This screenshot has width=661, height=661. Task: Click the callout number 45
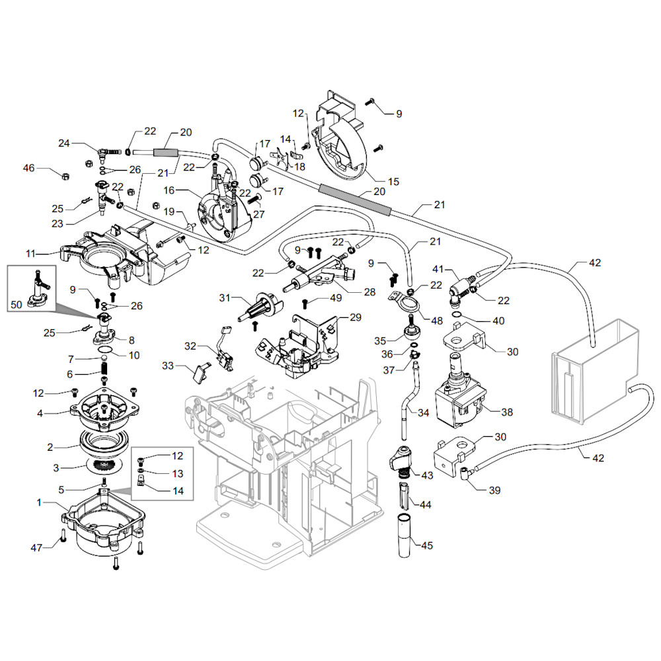[x=427, y=546]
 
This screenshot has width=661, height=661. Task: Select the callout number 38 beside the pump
[x=507, y=412]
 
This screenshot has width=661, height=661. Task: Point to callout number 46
[x=28, y=168]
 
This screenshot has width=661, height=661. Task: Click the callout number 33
[x=167, y=365]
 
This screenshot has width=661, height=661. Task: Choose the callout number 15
[x=393, y=181]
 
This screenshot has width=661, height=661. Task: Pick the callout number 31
[x=225, y=298]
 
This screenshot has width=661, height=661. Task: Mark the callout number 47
[x=38, y=547]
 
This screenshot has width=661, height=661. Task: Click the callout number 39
[x=494, y=490]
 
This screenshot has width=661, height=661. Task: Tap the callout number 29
[x=356, y=318]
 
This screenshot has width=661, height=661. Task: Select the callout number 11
[x=30, y=253]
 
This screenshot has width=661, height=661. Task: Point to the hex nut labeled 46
[x=65, y=176]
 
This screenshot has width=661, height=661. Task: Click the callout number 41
[x=438, y=270]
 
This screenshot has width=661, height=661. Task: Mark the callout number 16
[x=168, y=190]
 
